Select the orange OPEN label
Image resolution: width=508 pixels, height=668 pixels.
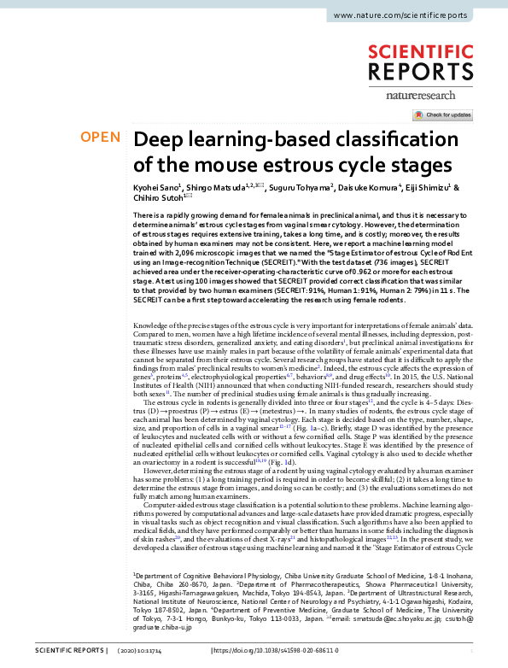pyautogui.click(x=99, y=138)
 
